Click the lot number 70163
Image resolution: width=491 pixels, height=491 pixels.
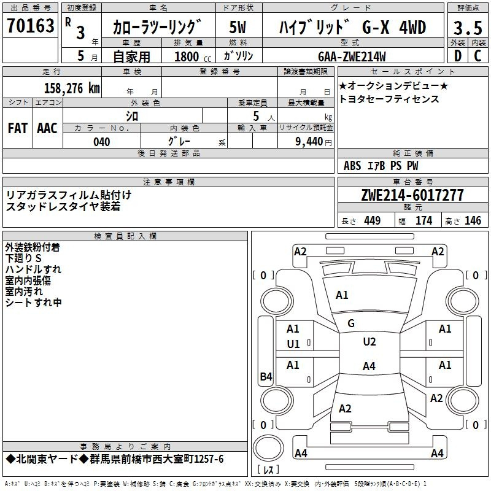point(30,26)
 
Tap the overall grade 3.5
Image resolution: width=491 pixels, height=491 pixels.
point(468,28)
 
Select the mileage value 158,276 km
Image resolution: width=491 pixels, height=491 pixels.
point(72,88)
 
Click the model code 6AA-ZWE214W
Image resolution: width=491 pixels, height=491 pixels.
point(352,56)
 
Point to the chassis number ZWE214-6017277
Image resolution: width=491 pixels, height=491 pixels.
point(412,195)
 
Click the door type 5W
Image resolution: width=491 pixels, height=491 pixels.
point(238,27)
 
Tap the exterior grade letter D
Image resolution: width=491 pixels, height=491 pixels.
point(458,56)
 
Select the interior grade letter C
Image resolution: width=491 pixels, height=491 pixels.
point(477,56)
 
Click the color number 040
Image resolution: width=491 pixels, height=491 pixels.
point(102,142)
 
